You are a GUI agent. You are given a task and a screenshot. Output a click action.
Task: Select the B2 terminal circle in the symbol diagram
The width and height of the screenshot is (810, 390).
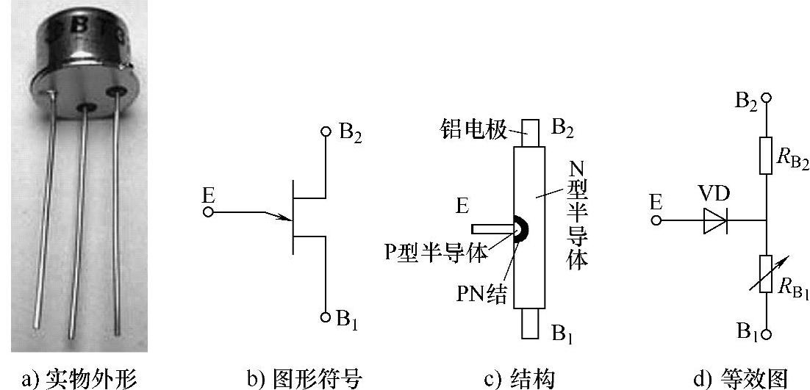[326, 132]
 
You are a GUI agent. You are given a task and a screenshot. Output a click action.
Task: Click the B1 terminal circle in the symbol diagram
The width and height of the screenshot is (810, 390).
[326, 317]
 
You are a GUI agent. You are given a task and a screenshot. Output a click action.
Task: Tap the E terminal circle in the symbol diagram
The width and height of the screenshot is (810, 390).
[208, 212]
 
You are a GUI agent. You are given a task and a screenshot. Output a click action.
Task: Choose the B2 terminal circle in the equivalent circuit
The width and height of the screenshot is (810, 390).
[766, 98]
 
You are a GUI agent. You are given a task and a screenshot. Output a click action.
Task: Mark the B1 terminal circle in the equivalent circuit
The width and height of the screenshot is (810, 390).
[766, 334]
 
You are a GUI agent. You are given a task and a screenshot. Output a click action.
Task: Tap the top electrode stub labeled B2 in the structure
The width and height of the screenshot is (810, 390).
[531, 132]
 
